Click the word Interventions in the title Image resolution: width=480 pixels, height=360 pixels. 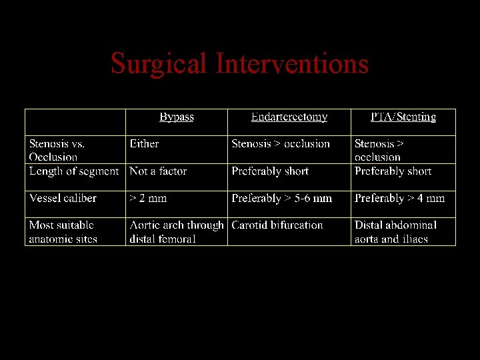click(x=292, y=64)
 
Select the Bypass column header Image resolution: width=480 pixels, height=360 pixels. click(x=177, y=117)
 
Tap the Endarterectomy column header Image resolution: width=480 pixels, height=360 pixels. click(x=289, y=117)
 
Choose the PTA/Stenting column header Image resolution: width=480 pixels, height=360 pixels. click(x=403, y=117)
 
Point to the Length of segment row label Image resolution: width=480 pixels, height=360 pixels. click(x=74, y=171)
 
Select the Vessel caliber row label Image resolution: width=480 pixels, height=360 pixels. click(x=63, y=199)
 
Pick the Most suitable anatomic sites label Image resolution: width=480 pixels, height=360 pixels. click(x=63, y=232)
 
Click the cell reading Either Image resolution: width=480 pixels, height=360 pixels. click(x=144, y=144)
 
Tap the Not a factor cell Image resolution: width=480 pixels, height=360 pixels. click(x=158, y=171)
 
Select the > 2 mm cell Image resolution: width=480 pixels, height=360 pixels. click(x=148, y=199)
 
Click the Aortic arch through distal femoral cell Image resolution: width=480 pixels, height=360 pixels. click(x=176, y=232)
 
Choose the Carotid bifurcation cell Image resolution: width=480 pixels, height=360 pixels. click(x=277, y=225)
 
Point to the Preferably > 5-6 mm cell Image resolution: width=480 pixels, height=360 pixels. click(x=281, y=199)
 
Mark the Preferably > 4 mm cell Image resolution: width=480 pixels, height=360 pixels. click(x=399, y=199)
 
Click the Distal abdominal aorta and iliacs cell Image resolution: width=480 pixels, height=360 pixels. click(x=395, y=232)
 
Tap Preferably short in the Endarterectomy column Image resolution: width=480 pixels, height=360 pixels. click(x=270, y=171)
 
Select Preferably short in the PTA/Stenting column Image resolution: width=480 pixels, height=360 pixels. click(x=393, y=171)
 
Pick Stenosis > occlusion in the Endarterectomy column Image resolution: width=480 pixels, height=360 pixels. click(x=281, y=144)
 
